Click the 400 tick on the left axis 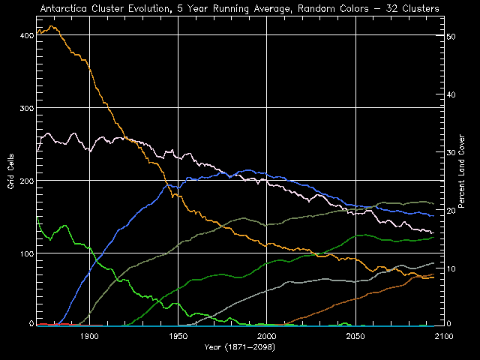click(25, 36)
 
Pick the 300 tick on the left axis click(25, 109)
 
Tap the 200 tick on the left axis click(25, 181)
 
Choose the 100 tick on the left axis click(25, 254)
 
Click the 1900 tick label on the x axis click(89, 337)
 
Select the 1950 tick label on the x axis click(178, 337)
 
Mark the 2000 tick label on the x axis click(267, 337)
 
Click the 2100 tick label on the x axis click(443, 337)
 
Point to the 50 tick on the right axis click(451, 36)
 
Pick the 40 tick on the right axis click(451, 94)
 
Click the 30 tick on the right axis click(451, 152)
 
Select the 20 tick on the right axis click(451, 211)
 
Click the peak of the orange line click(51, 26)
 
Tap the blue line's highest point click(247, 170)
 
